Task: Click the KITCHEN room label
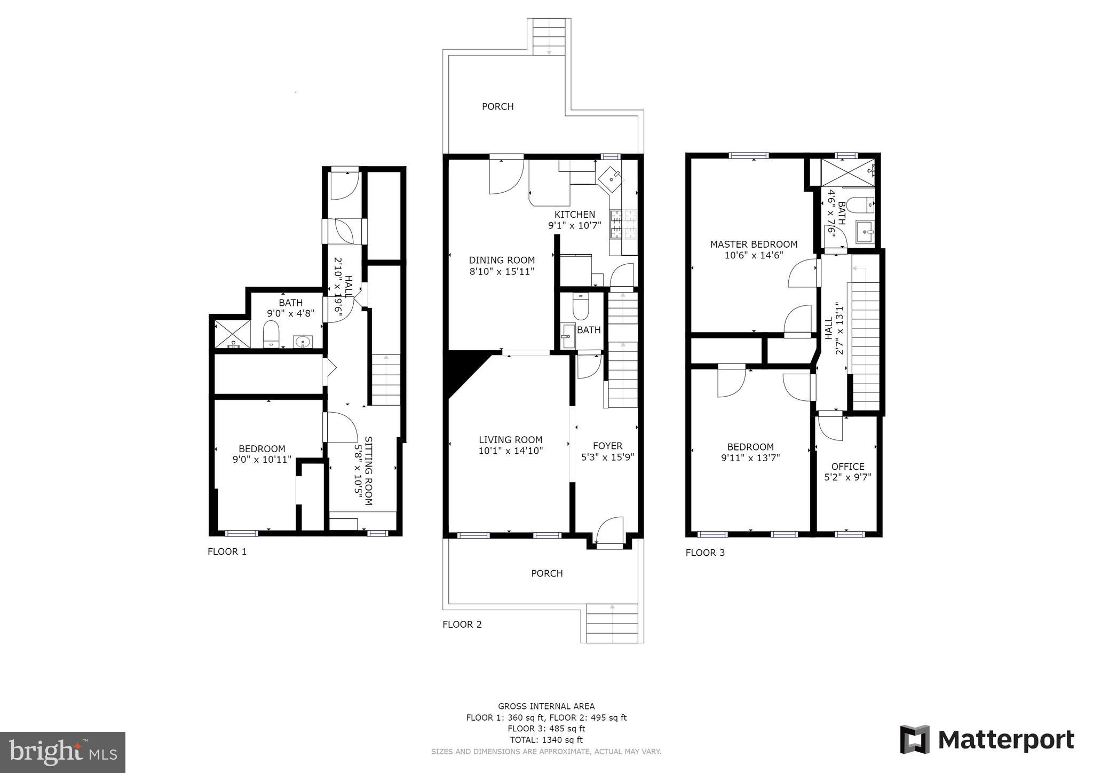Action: [x=575, y=215]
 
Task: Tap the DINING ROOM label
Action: [x=502, y=261]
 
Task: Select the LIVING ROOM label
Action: [x=511, y=440]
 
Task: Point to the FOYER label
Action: [x=608, y=446]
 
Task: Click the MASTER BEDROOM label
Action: [x=754, y=244]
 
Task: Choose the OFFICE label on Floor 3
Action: [x=848, y=467]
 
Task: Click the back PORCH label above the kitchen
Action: [x=498, y=107]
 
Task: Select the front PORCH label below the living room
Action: [x=547, y=573]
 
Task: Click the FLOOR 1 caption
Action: [x=227, y=551]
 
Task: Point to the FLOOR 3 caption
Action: [x=705, y=553]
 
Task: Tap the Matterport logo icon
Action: [x=915, y=739]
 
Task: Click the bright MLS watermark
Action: [x=63, y=752]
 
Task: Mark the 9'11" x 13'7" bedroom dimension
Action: [x=750, y=458]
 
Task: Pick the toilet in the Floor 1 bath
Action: [x=272, y=334]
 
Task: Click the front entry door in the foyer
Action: [x=609, y=531]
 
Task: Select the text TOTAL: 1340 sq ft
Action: [x=546, y=740]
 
